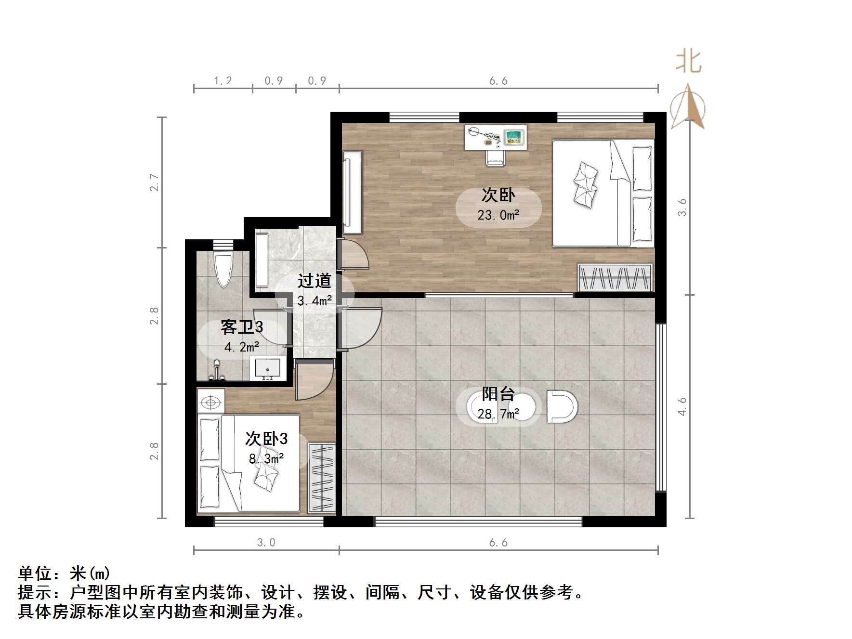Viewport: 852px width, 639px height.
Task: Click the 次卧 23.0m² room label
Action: click(x=498, y=205)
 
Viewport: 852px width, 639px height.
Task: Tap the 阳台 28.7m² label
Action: click(x=498, y=404)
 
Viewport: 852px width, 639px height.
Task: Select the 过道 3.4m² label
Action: click(x=315, y=290)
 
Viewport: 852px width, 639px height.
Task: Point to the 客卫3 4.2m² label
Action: click(x=242, y=336)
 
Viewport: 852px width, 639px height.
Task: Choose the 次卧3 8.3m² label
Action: click(x=266, y=448)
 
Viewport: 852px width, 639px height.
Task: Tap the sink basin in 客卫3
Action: click(x=266, y=369)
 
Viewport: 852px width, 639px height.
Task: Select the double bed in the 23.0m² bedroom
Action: click(x=603, y=193)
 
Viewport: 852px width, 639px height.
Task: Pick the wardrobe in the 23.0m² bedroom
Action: click(x=615, y=277)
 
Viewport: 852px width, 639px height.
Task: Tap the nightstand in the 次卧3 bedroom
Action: click(x=211, y=402)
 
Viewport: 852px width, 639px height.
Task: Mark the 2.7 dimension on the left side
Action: click(x=154, y=183)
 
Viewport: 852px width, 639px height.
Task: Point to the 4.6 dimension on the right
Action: click(x=682, y=406)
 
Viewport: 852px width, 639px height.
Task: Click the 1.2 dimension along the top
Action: click(x=223, y=80)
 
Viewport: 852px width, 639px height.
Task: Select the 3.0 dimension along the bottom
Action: click(x=266, y=543)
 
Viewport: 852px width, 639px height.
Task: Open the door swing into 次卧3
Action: click(x=313, y=380)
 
